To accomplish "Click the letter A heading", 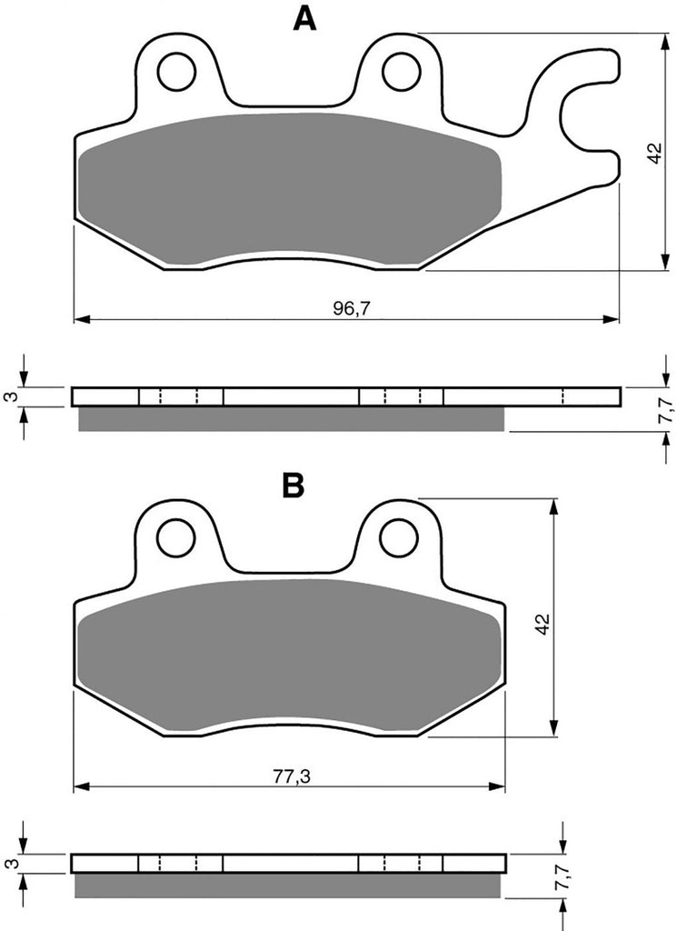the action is tap(305, 18).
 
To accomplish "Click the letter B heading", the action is tap(294, 486).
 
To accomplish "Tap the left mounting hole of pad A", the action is tap(177, 72).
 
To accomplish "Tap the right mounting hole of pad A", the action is tap(401, 72).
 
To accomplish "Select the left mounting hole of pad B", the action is tap(175, 537).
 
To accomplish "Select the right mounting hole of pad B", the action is tap(399, 537).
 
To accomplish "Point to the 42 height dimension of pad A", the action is tap(654, 153).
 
